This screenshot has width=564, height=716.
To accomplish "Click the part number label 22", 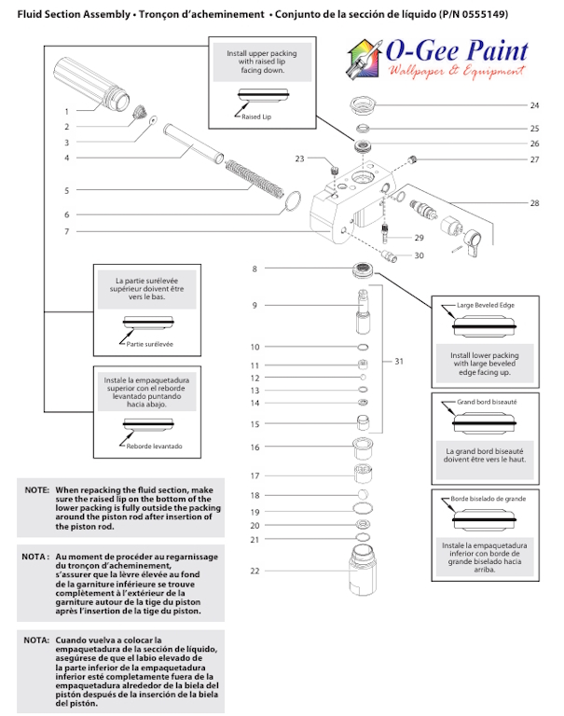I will [254, 570].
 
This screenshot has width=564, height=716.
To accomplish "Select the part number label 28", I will [534, 202].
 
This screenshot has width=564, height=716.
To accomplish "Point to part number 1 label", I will [66, 111].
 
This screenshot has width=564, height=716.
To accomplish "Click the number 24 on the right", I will [534, 105].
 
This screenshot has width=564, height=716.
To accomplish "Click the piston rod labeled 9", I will [364, 311].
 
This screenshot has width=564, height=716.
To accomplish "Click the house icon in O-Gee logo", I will [364, 57].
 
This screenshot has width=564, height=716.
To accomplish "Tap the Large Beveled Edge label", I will [485, 305].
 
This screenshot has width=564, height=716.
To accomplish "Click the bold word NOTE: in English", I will [37, 489].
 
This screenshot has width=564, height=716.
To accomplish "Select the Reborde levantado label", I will [154, 447].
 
